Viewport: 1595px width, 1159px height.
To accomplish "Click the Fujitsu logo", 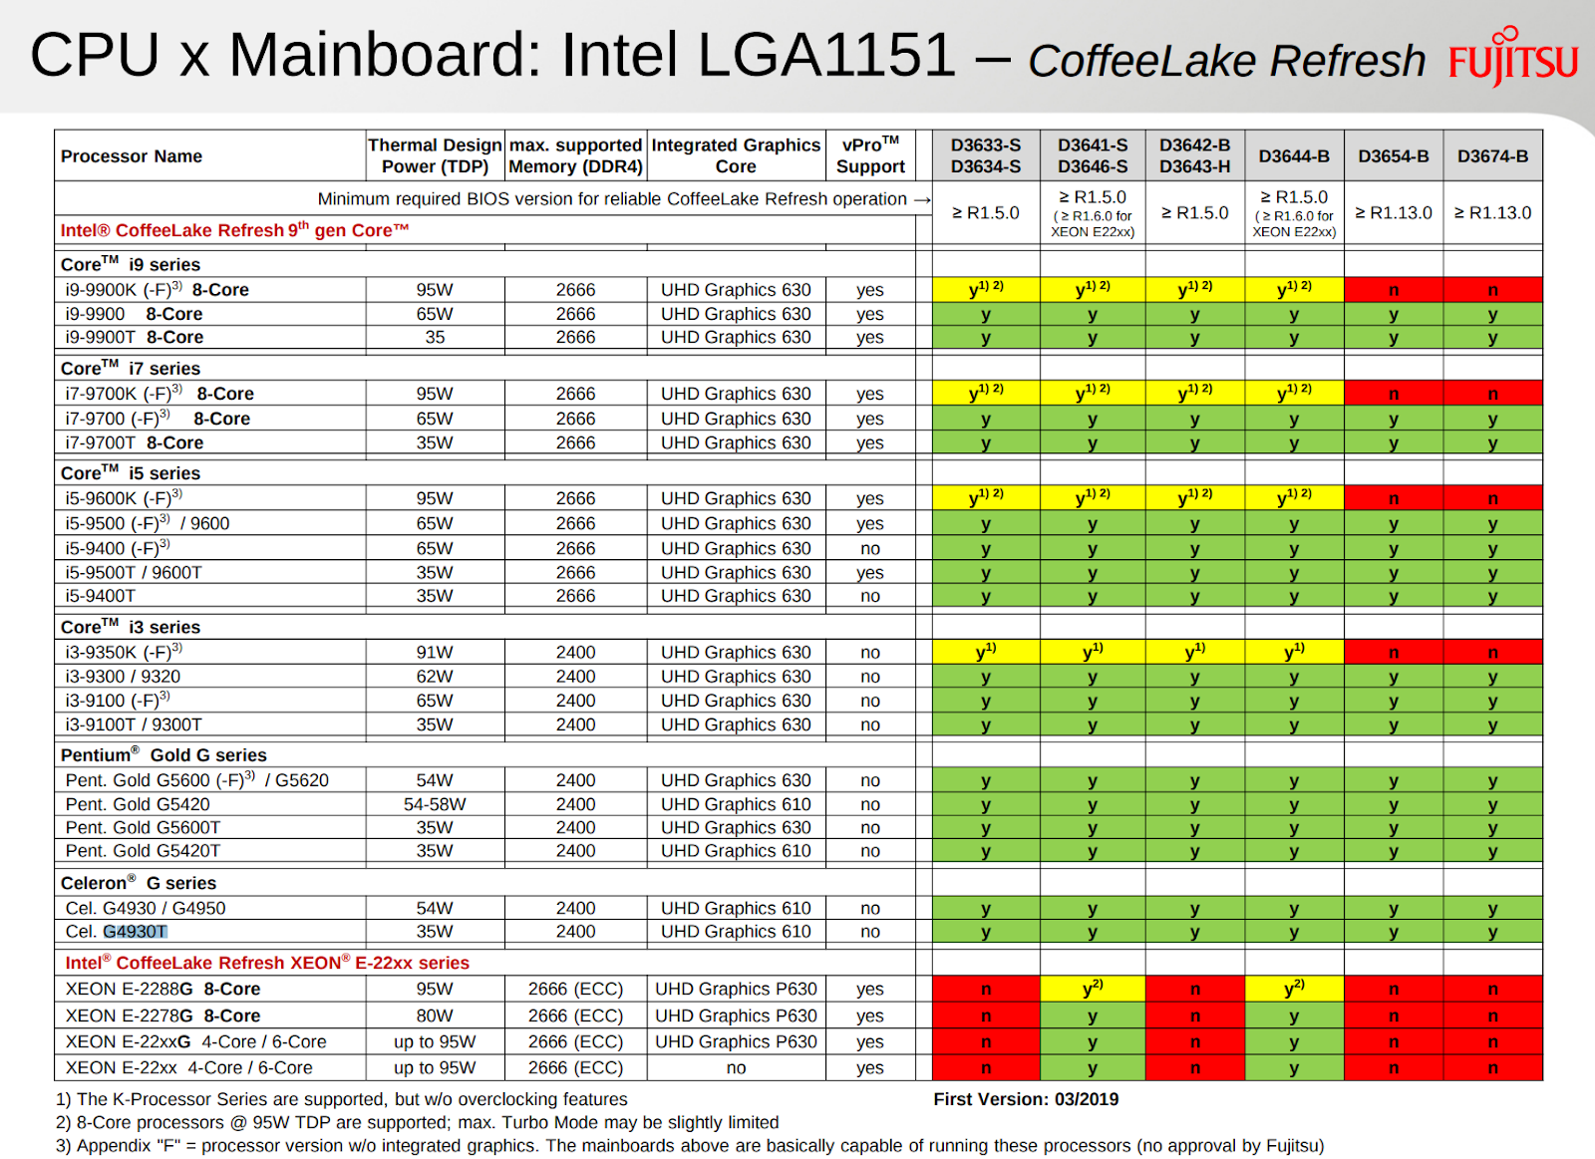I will (x=1513, y=58).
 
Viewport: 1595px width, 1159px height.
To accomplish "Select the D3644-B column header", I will (x=1294, y=156).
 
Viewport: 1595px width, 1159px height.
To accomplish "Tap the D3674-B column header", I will (x=1492, y=156).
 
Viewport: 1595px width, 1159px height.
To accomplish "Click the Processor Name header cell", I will (x=132, y=156).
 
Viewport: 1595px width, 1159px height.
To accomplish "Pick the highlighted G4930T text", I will (x=136, y=932).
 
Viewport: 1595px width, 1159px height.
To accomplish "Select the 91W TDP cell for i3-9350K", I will (x=435, y=653).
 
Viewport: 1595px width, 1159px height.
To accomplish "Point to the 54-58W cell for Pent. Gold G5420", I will (x=435, y=804).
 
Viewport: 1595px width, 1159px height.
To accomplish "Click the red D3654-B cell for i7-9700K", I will (x=1393, y=394).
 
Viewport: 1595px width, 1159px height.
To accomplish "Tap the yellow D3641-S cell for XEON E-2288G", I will (x=1093, y=989).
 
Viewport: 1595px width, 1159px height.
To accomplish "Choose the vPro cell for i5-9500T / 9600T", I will (x=869, y=573).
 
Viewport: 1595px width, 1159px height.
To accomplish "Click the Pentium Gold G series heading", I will (x=163, y=755).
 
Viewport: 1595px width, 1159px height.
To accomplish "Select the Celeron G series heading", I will (x=139, y=883).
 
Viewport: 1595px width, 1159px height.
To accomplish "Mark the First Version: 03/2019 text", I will (x=1026, y=1099).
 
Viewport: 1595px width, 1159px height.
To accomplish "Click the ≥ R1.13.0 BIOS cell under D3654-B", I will (x=1393, y=213).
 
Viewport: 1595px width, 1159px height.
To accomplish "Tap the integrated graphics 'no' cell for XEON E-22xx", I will (x=736, y=1068).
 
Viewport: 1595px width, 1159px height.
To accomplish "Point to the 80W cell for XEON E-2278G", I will (x=435, y=1015).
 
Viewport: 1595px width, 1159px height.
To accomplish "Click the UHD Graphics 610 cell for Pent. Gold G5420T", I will (x=736, y=851).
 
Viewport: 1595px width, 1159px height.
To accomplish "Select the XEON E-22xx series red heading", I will (x=267, y=963).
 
